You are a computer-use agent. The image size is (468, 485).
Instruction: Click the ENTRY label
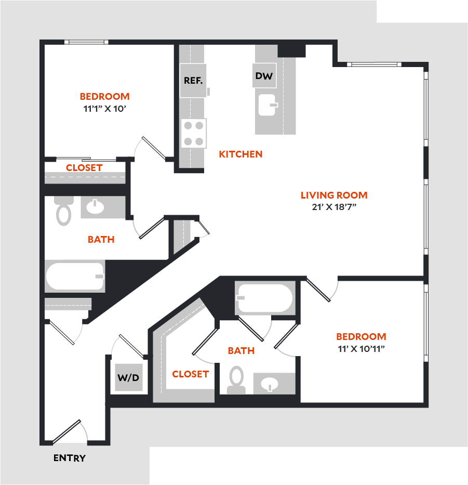tap(70, 458)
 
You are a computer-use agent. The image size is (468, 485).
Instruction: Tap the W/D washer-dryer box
tap(127, 378)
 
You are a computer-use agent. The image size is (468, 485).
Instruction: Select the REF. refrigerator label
tap(193, 81)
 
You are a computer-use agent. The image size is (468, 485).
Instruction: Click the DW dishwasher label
tap(264, 76)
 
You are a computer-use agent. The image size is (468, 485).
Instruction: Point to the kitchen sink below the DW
tap(267, 104)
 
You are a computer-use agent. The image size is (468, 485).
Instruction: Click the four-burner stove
tap(194, 133)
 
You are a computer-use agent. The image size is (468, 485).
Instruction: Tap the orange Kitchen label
tap(240, 154)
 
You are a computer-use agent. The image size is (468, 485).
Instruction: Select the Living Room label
tap(334, 195)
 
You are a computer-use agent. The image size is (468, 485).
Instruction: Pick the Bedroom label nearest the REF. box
tap(104, 97)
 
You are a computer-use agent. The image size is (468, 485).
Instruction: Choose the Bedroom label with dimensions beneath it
tap(361, 336)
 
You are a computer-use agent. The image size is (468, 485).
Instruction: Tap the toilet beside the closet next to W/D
tap(236, 380)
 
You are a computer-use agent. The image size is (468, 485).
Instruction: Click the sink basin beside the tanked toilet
tap(270, 385)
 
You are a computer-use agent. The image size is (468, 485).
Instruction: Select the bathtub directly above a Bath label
tap(265, 298)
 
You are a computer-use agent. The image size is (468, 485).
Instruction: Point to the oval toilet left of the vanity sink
tap(64, 215)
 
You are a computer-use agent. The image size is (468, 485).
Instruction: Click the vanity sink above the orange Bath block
tap(95, 206)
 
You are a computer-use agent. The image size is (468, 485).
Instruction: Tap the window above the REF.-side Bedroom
tap(86, 42)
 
